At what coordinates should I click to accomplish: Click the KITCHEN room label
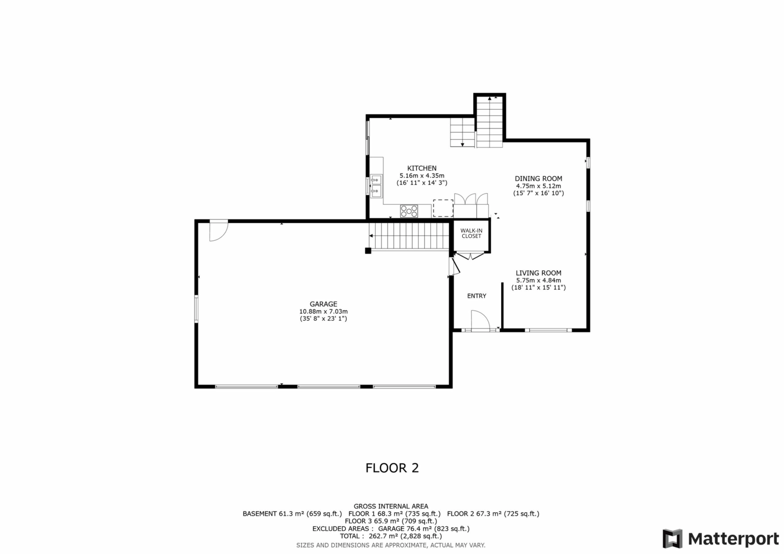click(422, 168)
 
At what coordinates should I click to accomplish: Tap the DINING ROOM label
click(538, 178)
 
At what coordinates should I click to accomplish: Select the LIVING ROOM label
click(538, 273)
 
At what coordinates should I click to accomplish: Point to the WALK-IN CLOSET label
click(472, 234)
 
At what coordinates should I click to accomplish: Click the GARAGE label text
click(323, 304)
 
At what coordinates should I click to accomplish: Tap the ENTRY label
click(477, 296)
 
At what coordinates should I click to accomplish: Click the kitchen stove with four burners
click(409, 211)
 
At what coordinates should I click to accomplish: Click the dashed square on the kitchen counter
click(443, 208)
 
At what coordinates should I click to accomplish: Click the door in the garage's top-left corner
click(219, 231)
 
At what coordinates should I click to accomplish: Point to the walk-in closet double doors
click(470, 256)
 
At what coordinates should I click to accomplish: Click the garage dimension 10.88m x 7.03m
click(323, 312)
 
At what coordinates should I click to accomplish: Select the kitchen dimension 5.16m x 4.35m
click(422, 176)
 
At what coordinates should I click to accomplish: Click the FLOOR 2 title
click(392, 468)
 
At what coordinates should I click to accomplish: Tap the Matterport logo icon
click(672, 539)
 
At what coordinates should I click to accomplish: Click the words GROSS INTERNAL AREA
click(391, 507)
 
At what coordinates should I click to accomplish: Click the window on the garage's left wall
click(196, 309)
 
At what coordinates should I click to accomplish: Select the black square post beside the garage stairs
click(368, 251)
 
